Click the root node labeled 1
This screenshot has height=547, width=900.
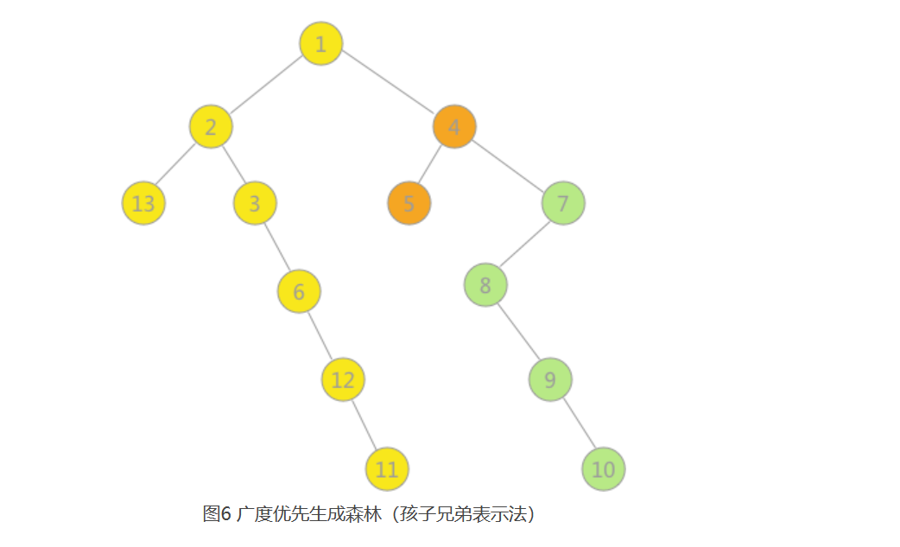(321, 44)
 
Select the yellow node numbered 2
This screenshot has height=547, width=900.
(212, 126)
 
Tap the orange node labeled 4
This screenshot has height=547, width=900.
(454, 126)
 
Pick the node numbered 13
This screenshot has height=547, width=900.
(143, 204)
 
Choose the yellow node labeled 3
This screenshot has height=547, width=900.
(255, 204)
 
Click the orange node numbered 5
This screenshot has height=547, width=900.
(409, 204)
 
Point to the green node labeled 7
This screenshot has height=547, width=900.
(563, 204)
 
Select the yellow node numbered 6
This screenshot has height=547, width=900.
(299, 291)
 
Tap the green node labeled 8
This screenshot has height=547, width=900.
(485, 285)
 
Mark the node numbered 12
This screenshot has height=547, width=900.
(343, 379)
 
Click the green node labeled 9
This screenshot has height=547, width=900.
(550, 378)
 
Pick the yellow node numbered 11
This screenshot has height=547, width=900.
(387, 469)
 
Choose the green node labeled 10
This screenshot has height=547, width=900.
(604, 469)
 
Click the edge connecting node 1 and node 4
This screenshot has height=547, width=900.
(388, 85)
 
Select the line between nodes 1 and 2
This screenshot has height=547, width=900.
(266, 86)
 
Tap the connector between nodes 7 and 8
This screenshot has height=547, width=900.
(524, 245)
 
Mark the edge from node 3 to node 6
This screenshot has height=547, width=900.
(276, 247)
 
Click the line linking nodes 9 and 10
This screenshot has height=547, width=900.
(577, 423)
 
